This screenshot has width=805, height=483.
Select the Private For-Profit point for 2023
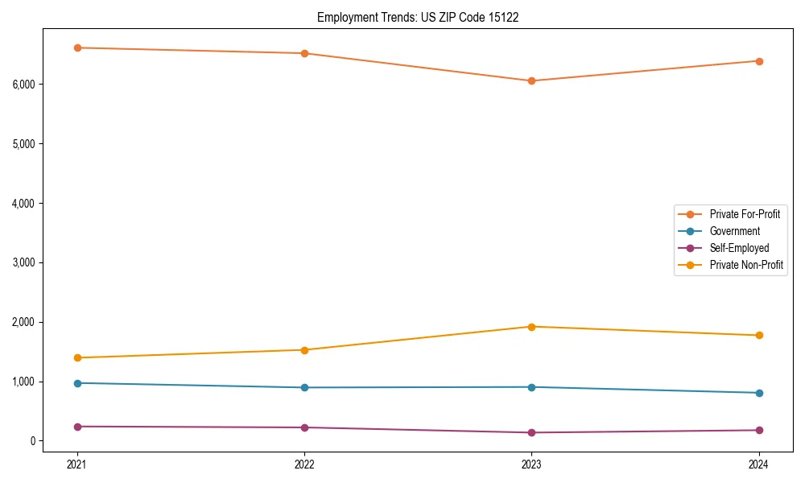tap(531, 80)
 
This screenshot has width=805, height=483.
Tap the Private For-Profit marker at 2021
tap(77, 47)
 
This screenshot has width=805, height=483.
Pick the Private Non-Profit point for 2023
tap(531, 327)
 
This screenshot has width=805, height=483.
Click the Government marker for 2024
tap(758, 393)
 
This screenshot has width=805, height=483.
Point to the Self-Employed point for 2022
tap(304, 427)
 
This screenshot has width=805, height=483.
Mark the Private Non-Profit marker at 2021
tap(77, 357)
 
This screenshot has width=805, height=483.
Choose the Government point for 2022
tap(304, 387)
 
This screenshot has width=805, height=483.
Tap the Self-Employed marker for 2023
tap(531, 432)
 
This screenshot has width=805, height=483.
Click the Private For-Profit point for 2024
tap(758, 61)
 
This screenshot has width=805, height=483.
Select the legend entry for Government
tap(734, 231)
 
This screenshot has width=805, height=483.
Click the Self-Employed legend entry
tap(739, 248)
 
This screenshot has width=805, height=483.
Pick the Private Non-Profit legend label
tap(746, 265)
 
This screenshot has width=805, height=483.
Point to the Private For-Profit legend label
tap(745, 214)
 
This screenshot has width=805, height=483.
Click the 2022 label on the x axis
tap(304, 464)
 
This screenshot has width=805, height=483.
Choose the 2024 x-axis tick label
tap(758, 464)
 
